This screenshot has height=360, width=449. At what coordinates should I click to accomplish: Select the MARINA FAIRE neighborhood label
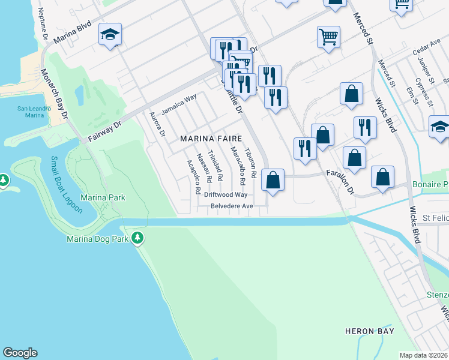pyautogui.click(x=211, y=139)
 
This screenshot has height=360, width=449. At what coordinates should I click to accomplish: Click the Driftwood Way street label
pyautogui.click(x=225, y=195)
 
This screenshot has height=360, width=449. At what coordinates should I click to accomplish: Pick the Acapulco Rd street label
pyautogui.click(x=193, y=176)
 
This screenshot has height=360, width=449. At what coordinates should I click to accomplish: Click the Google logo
pyautogui.click(x=20, y=353)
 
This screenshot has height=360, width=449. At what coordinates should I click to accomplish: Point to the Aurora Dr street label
pyautogui.click(x=157, y=124)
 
